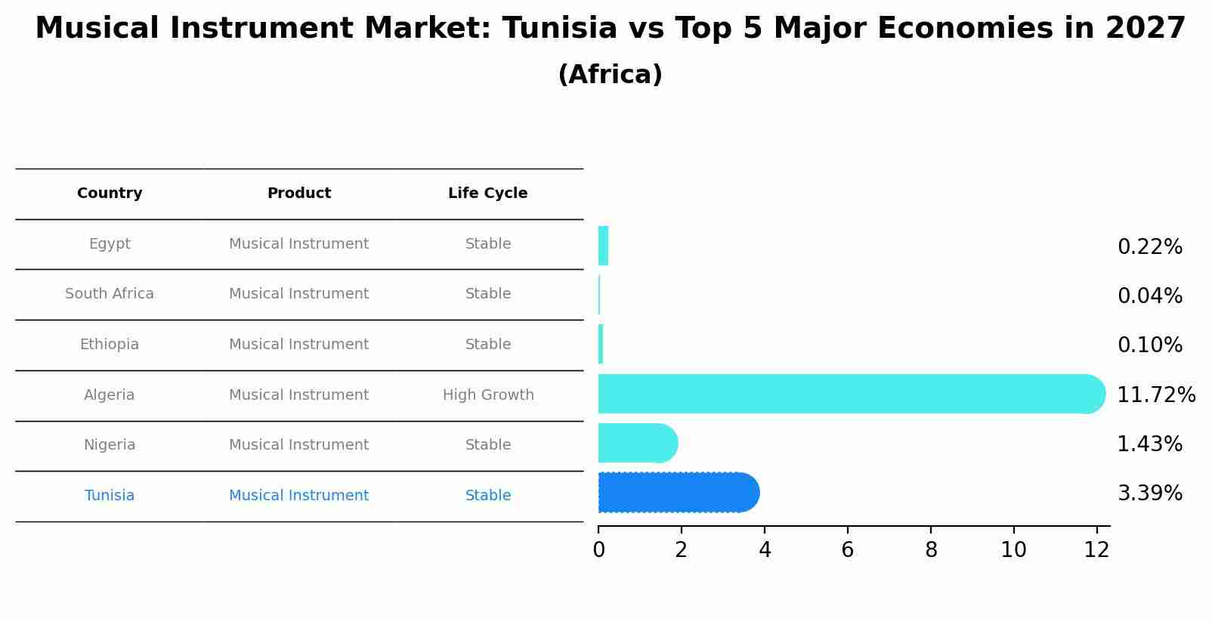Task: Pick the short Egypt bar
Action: coord(603,246)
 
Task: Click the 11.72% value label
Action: coord(1155,395)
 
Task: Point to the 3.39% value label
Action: coord(1149,494)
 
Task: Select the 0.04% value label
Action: coord(1149,296)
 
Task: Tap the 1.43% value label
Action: coord(1149,444)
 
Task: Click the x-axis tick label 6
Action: coord(847,550)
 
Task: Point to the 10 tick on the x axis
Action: coord(1013,550)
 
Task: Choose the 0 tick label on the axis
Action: coord(598,550)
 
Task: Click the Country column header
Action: coord(110,193)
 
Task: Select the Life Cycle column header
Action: coord(487,193)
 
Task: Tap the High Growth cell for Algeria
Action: coord(488,395)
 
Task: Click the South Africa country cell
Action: coord(110,294)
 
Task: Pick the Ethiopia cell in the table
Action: coord(110,345)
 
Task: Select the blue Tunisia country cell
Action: coord(110,496)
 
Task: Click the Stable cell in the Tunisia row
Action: coord(488,496)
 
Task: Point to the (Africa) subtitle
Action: coord(610,75)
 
